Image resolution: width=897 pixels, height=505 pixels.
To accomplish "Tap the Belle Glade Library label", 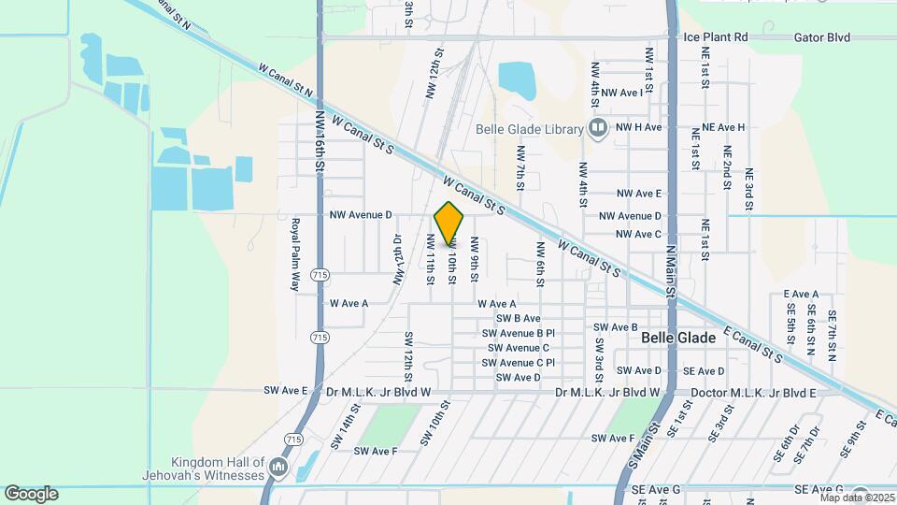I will click(529, 129).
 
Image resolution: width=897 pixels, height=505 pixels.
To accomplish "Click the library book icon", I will click(598, 128).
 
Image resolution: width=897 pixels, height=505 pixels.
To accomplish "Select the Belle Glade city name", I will click(679, 338).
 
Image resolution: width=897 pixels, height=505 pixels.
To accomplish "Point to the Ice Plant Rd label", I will click(717, 37).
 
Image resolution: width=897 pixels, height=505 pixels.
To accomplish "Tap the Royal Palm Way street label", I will click(295, 254).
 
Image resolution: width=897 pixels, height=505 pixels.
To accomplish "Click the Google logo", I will click(31, 493).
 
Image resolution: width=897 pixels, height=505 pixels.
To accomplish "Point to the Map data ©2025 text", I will click(856, 498).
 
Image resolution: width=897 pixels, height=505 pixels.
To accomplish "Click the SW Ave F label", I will click(376, 451).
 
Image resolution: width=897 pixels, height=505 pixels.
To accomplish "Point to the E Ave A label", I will click(802, 294).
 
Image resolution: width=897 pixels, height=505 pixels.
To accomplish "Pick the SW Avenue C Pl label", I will click(519, 363).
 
